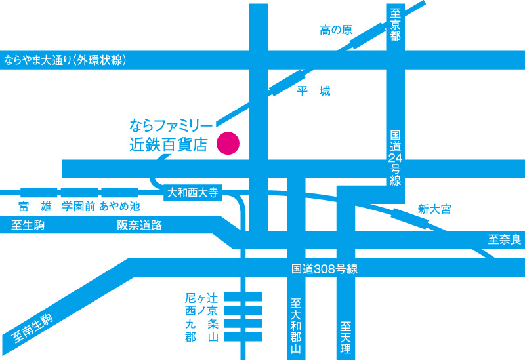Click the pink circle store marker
coord(229,143)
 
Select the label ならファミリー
coord(171,124)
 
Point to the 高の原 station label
coord(336,30)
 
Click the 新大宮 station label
coord(434,209)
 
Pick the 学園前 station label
coord(79,206)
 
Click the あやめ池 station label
coord(119,206)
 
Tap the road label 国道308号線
coord(324,269)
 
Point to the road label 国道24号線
coord(395,158)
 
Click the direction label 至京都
coord(395,24)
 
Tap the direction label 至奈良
coord(504,240)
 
